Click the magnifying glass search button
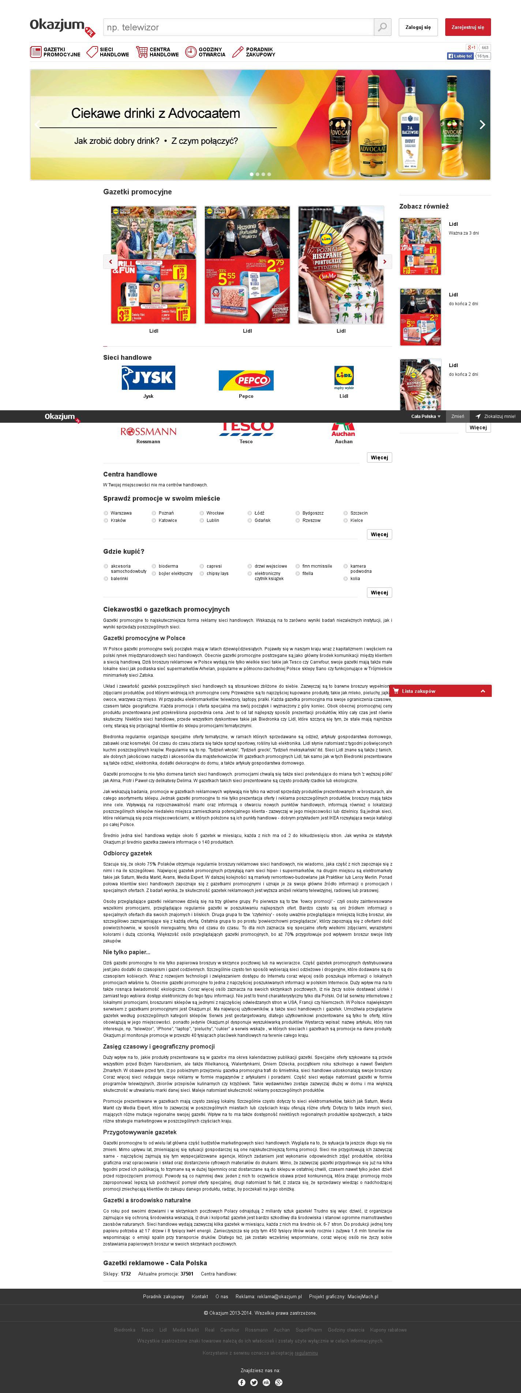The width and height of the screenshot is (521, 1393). pyautogui.click(x=382, y=27)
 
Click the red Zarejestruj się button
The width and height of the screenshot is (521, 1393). pyautogui.click(x=468, y=27)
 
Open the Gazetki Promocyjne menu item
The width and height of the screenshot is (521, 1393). pyautogui.click(x=55, y=52)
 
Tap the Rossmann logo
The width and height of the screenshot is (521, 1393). pyautogui.click(x=148, y=432)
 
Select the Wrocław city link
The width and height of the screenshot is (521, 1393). pyautogui.click(x=215, y=513)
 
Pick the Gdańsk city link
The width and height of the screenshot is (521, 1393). pyautogui.click(x=263, y=520)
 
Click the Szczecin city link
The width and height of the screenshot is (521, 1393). pyautogui.click(x=359, y=513)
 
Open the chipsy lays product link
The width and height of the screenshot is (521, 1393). pyautogui.click(x=217, y=573)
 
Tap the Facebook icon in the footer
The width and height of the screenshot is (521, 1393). pyautogui.click(x=241, y=1382)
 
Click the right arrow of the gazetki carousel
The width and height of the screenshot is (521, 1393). pyautogui.click(x=384, y=262)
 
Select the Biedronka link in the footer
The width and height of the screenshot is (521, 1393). pyautogui.click(x=124, y=1330)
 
